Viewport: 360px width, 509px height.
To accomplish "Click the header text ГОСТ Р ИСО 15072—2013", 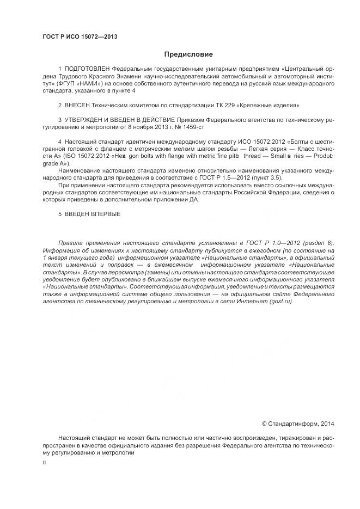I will tap(80, 36).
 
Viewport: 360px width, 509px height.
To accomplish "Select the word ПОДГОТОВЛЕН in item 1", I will tap(87, 69).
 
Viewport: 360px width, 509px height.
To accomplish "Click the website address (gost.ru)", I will tap(291, 301).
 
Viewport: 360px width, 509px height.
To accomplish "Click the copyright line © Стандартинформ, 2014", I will tap(298, 423).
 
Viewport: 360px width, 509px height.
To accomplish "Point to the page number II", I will tap(45, 462).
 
